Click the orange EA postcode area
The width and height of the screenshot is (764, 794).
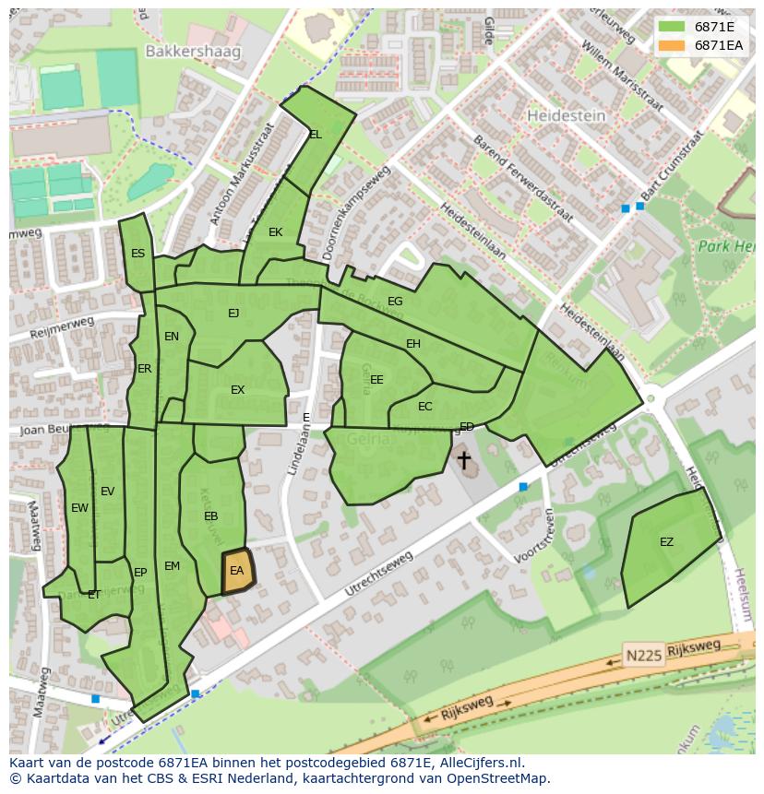click(x=237, y=573)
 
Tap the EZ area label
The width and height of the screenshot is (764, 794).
click(x=666, y=542)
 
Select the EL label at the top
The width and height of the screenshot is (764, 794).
click(x=316, y=135)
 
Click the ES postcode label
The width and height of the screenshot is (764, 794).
click(x=137, y=254)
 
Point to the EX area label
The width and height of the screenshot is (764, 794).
click(x=237, y=390)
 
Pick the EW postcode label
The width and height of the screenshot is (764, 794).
click(x=79, y=508)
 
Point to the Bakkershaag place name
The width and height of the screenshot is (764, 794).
click(x=191, y=52)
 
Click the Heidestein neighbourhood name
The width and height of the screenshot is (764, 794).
click(x=566, y=116)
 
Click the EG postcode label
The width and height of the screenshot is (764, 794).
click(x=395, y=302)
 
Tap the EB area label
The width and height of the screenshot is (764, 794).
click(x=210, y=516)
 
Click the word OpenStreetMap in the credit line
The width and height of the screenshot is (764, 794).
click(x=502, y=778)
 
